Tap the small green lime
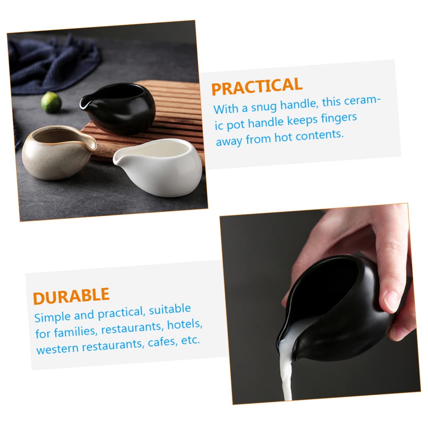coord(51,102)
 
